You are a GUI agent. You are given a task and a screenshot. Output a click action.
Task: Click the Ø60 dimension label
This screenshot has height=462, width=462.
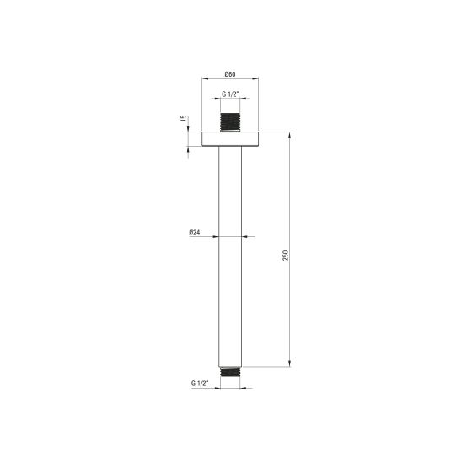[x=230, y=74]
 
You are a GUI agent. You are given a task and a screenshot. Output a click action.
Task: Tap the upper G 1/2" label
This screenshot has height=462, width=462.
[x=230, y=94]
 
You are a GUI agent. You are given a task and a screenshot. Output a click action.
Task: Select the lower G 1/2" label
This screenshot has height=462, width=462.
[x=200, y=383]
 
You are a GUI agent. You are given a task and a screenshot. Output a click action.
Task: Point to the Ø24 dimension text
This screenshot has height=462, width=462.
[x=195, y=233]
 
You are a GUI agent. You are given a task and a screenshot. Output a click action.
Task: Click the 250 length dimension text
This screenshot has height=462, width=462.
[x=285, y=255]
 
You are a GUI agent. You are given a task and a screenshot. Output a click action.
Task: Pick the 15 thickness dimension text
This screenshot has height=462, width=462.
[x=183, y=118]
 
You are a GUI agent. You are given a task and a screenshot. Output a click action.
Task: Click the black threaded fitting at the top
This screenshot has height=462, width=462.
[x=230, y=121]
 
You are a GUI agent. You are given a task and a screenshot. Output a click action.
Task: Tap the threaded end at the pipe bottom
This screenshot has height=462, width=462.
[x=230, y=372]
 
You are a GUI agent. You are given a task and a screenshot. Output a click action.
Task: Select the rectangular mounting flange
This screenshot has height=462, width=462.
[x=230, y=139]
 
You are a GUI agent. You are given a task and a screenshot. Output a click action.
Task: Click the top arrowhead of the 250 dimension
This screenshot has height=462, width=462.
[x=290, y=136]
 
